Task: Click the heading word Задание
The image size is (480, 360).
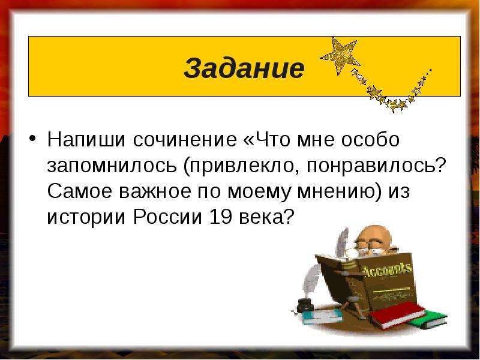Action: coord(244,68)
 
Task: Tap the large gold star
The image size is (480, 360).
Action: coord(340,56)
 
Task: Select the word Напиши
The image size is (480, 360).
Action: coord(86,140)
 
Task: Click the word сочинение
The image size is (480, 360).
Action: coord(185,140)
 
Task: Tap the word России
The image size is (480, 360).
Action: coord(168,218)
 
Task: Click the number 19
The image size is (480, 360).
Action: coord(220,218)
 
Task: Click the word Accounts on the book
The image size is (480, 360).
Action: coord(387,271)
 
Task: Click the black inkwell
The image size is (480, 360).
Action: coord(304,304)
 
